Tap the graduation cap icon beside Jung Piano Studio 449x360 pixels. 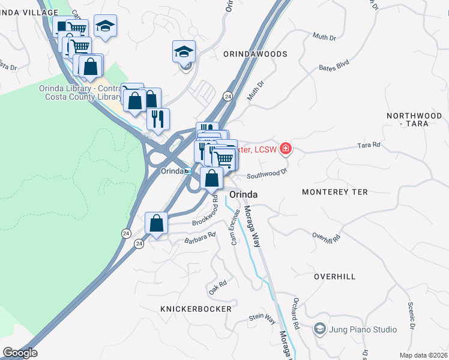pos(319,329)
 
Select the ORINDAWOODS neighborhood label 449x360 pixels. pos(255,54)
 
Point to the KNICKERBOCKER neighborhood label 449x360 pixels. pos(196,309)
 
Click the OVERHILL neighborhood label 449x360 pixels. pos(335,277)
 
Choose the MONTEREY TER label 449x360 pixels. pos(330,192)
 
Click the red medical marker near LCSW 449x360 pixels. pos(286,149)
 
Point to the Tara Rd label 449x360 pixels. pos(369,145)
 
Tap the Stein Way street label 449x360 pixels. pos(262,319)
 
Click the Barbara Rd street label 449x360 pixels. pos(199,238)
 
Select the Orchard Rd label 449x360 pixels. pos(296,314)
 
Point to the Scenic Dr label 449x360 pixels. pos(411,316)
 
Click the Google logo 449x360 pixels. pos(20,353)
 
